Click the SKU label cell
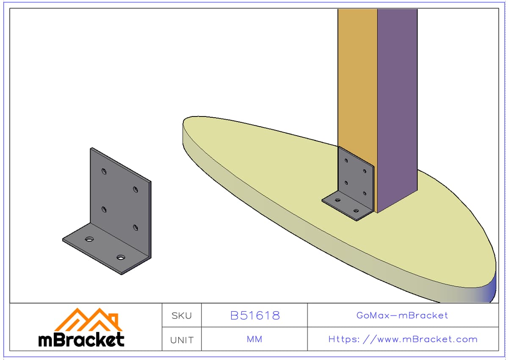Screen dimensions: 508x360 coord(182,316)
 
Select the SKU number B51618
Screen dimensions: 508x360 coord(255,316)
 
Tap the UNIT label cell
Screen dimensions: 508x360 coord(182,340)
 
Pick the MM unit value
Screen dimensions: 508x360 coord(254,339)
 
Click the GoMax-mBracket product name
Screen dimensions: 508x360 coord(402,315)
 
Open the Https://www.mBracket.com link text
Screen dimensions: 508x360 coord(403,339)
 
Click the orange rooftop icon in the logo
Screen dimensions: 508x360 coord(88,320)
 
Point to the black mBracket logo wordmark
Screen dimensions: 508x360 coord(81,340)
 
